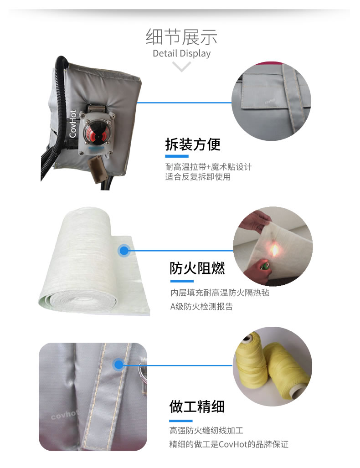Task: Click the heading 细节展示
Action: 181,37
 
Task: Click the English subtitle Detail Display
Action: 181,53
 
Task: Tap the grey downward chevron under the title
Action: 181,67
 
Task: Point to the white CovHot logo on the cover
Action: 73,124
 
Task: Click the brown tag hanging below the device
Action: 98,169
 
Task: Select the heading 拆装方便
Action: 193,145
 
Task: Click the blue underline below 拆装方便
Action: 177,156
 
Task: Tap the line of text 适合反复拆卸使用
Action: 198,177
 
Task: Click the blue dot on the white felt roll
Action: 124,251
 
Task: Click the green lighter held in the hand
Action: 264,265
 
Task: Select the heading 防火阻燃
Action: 197,268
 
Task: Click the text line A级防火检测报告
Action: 201,307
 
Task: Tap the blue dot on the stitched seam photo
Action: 119,365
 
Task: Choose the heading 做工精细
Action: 197,406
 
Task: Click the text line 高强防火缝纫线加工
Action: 206,430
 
